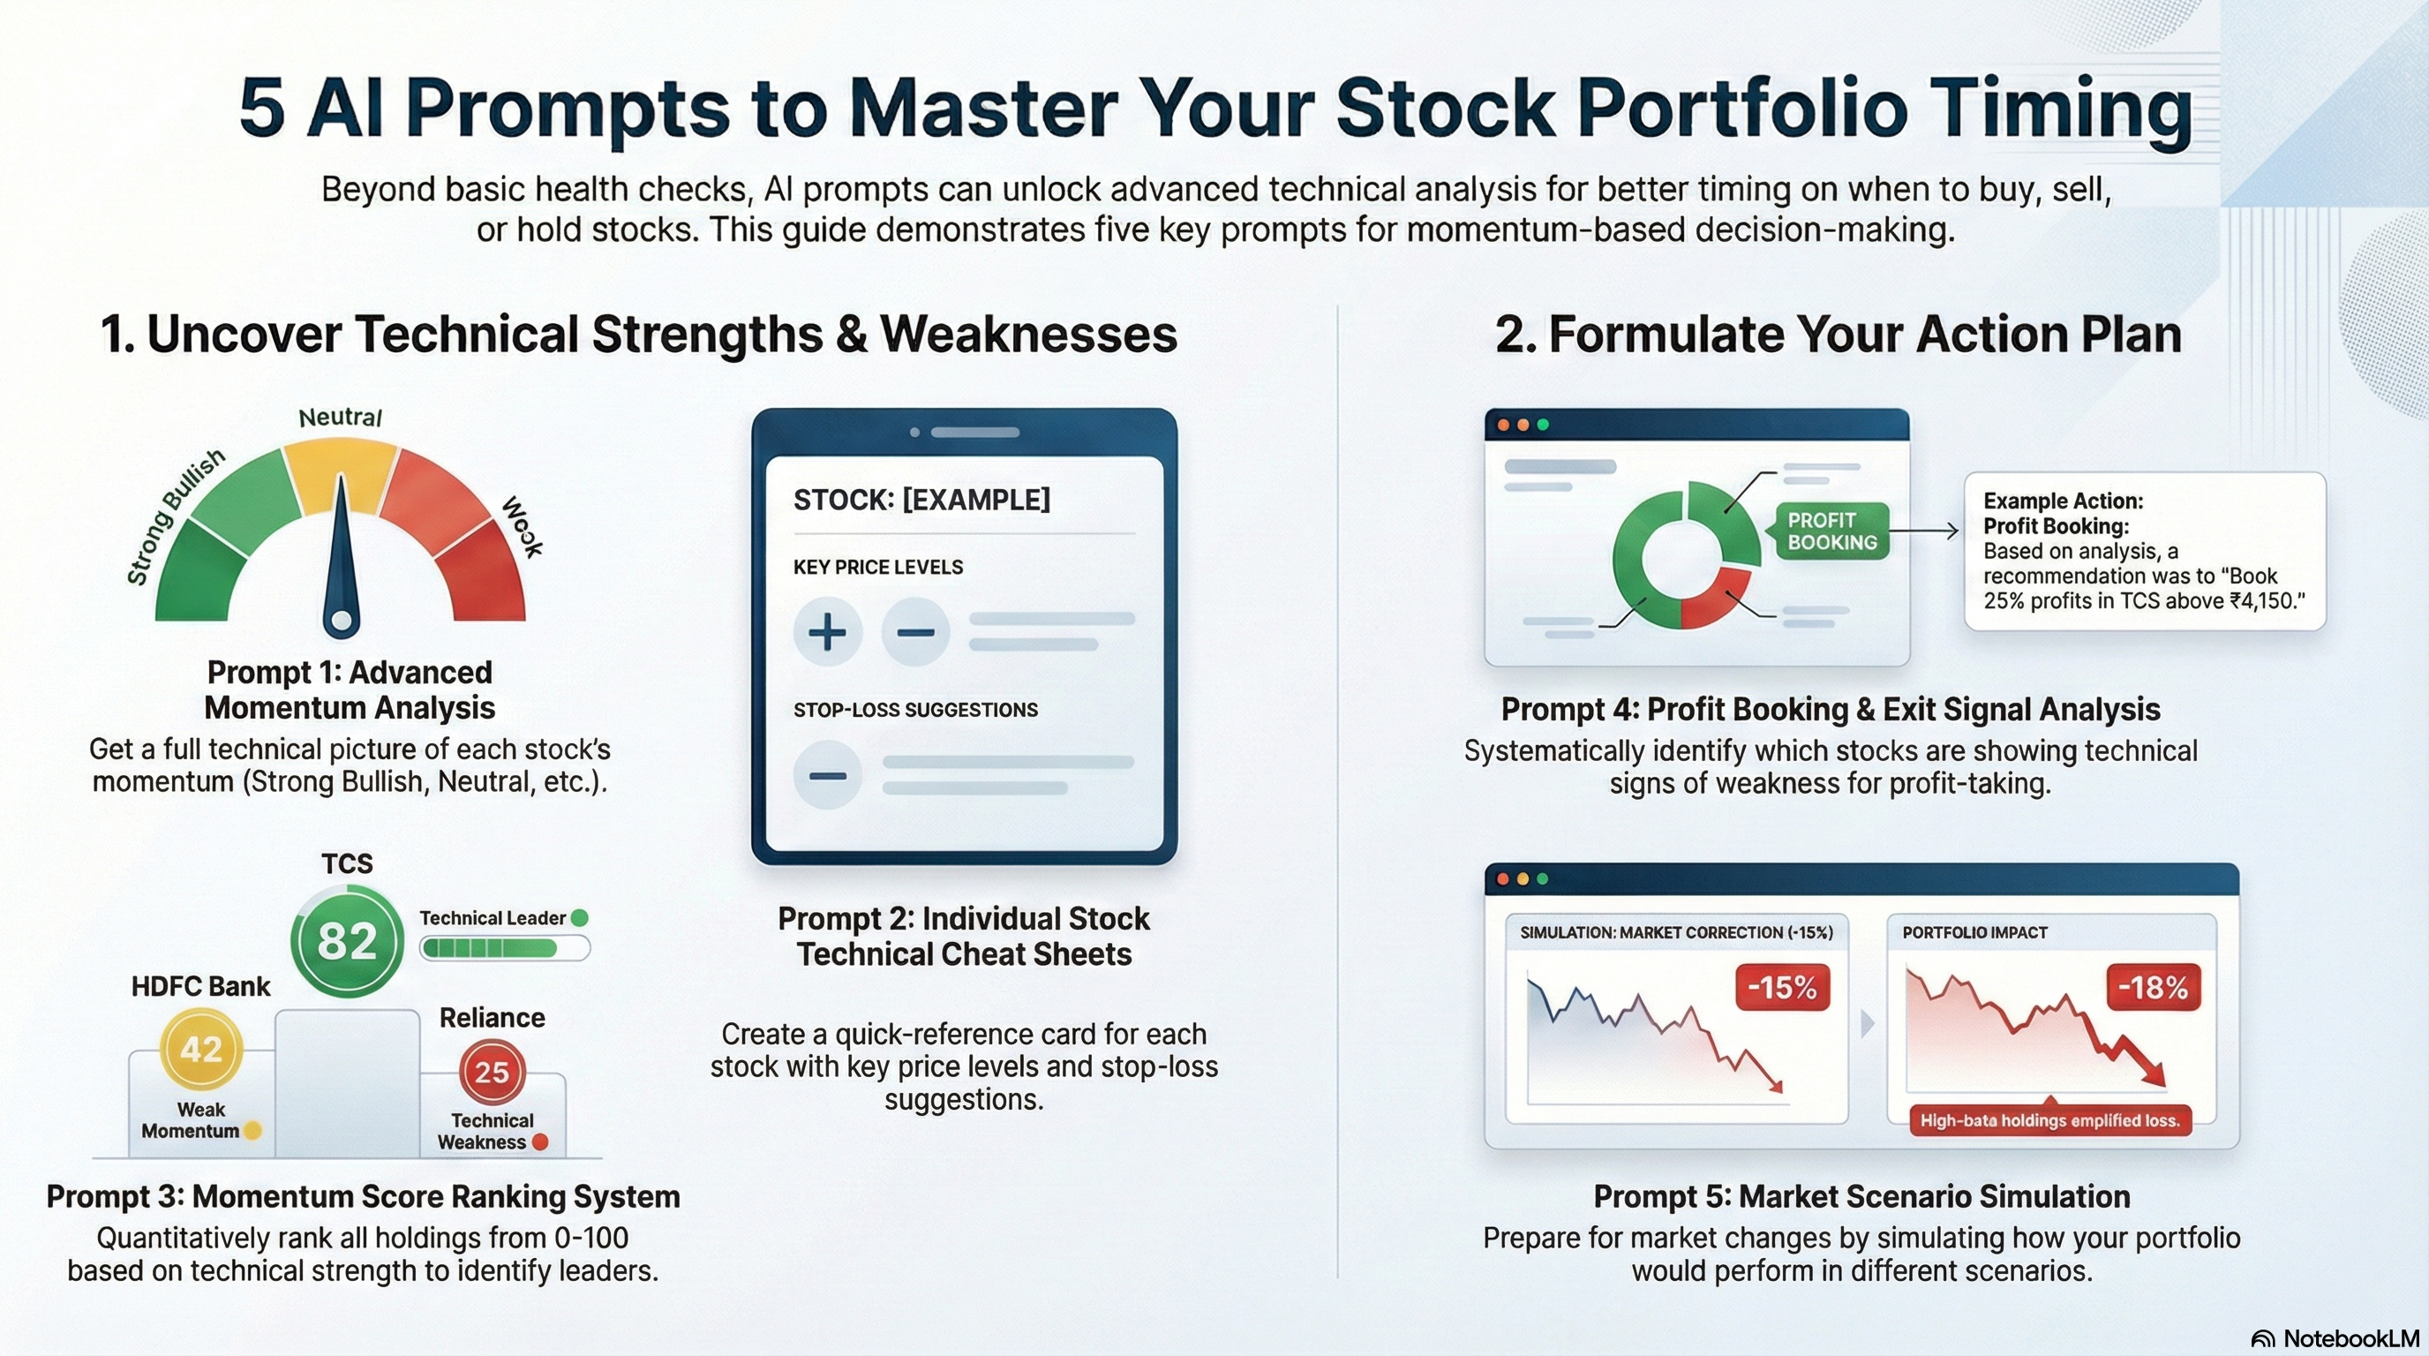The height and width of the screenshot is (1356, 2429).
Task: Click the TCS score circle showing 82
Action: tap(347, 941)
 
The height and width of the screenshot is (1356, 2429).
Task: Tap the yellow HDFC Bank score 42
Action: tap(201, 1049)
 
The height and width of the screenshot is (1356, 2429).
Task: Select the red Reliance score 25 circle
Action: tap(492, 1072)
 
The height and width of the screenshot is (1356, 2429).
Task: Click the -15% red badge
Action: tap(1782, 987)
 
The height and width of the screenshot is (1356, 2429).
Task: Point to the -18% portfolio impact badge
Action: tap(2154, 987)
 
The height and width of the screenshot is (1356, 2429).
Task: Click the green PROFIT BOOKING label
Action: tap(1831, 531)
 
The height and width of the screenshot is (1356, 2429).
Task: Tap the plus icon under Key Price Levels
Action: tap(827, 632)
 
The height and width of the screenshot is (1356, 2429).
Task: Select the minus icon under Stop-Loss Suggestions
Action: tap(827, 776)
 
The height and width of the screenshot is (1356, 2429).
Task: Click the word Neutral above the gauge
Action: tap(340, 418)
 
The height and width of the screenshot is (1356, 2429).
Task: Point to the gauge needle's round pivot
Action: tap(342, 621)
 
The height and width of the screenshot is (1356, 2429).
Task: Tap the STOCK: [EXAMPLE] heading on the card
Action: tap(921, 500)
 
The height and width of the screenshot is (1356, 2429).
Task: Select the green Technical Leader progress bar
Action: tap(505, 947)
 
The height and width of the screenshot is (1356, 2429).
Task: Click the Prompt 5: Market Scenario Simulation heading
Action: tap(1861, 1195)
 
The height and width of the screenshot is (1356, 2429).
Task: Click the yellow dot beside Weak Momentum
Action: tap(252, 1131)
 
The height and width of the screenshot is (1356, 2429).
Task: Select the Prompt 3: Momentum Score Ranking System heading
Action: tap(363, 1195)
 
